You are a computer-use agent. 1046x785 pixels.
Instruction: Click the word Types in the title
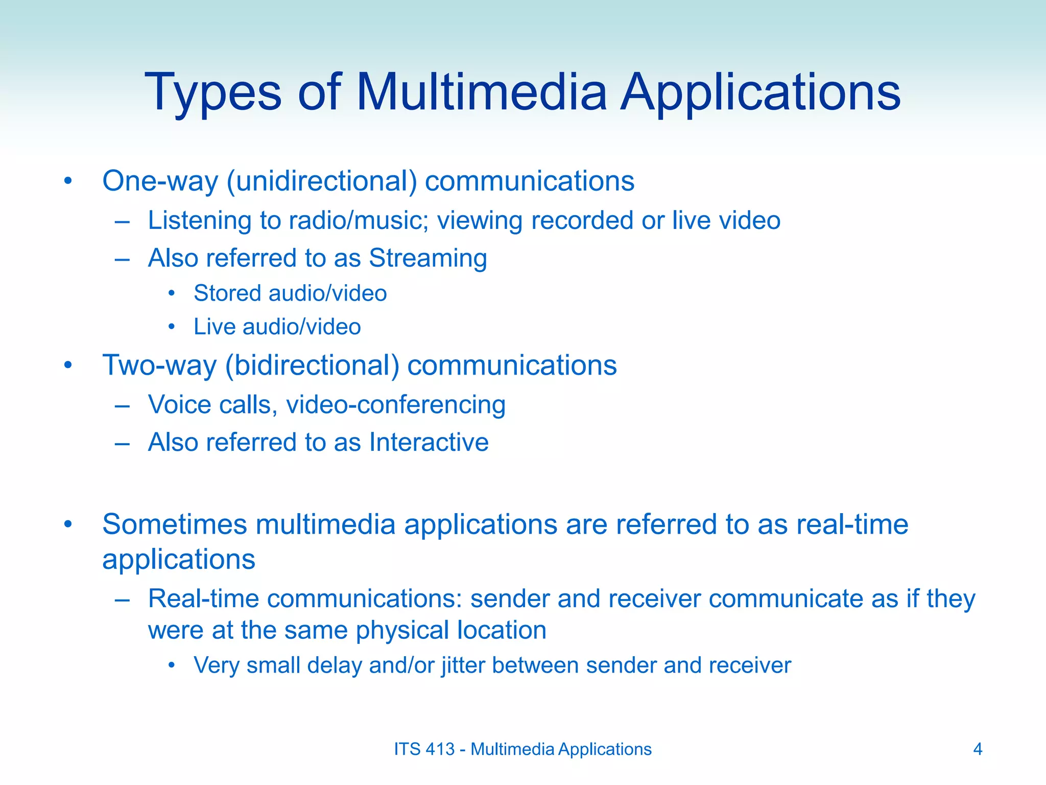(x=213, y=93)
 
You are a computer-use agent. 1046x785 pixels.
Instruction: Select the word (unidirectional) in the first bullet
(x=322, y=181)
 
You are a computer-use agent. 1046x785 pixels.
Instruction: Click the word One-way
(x=160, y=181)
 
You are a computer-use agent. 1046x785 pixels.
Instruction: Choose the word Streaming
(x=427, y=258)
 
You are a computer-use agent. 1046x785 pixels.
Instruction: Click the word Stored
(x=227, y=293)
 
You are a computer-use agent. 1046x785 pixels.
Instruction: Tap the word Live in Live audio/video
(x=214, y=327)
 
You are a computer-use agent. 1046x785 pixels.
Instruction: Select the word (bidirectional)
(x=312, y=365)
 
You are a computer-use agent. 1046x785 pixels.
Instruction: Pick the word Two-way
(x=159, y=365)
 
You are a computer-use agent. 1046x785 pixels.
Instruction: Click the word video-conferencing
(x=396, y=405)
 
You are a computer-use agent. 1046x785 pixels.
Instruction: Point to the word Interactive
(x=429, y=442)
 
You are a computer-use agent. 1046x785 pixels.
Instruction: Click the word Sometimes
(x=174, y=524)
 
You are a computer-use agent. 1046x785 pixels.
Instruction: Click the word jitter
(x=461, y=665)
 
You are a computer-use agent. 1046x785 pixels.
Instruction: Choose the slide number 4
(x=978, y=749)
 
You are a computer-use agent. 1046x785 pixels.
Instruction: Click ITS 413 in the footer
(x=424, y=749)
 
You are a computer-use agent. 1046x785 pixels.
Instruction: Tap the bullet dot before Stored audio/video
(x=172, y=293)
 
